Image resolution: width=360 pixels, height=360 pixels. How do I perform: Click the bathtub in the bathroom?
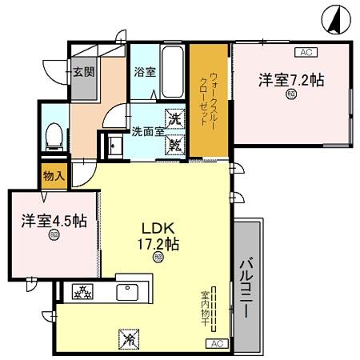pos(171,69)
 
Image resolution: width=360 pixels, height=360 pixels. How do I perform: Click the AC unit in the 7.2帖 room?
pos(304,52)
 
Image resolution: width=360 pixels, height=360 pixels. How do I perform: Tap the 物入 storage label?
pos(53,174)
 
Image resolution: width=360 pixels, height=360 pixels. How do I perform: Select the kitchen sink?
pos(129,291)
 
